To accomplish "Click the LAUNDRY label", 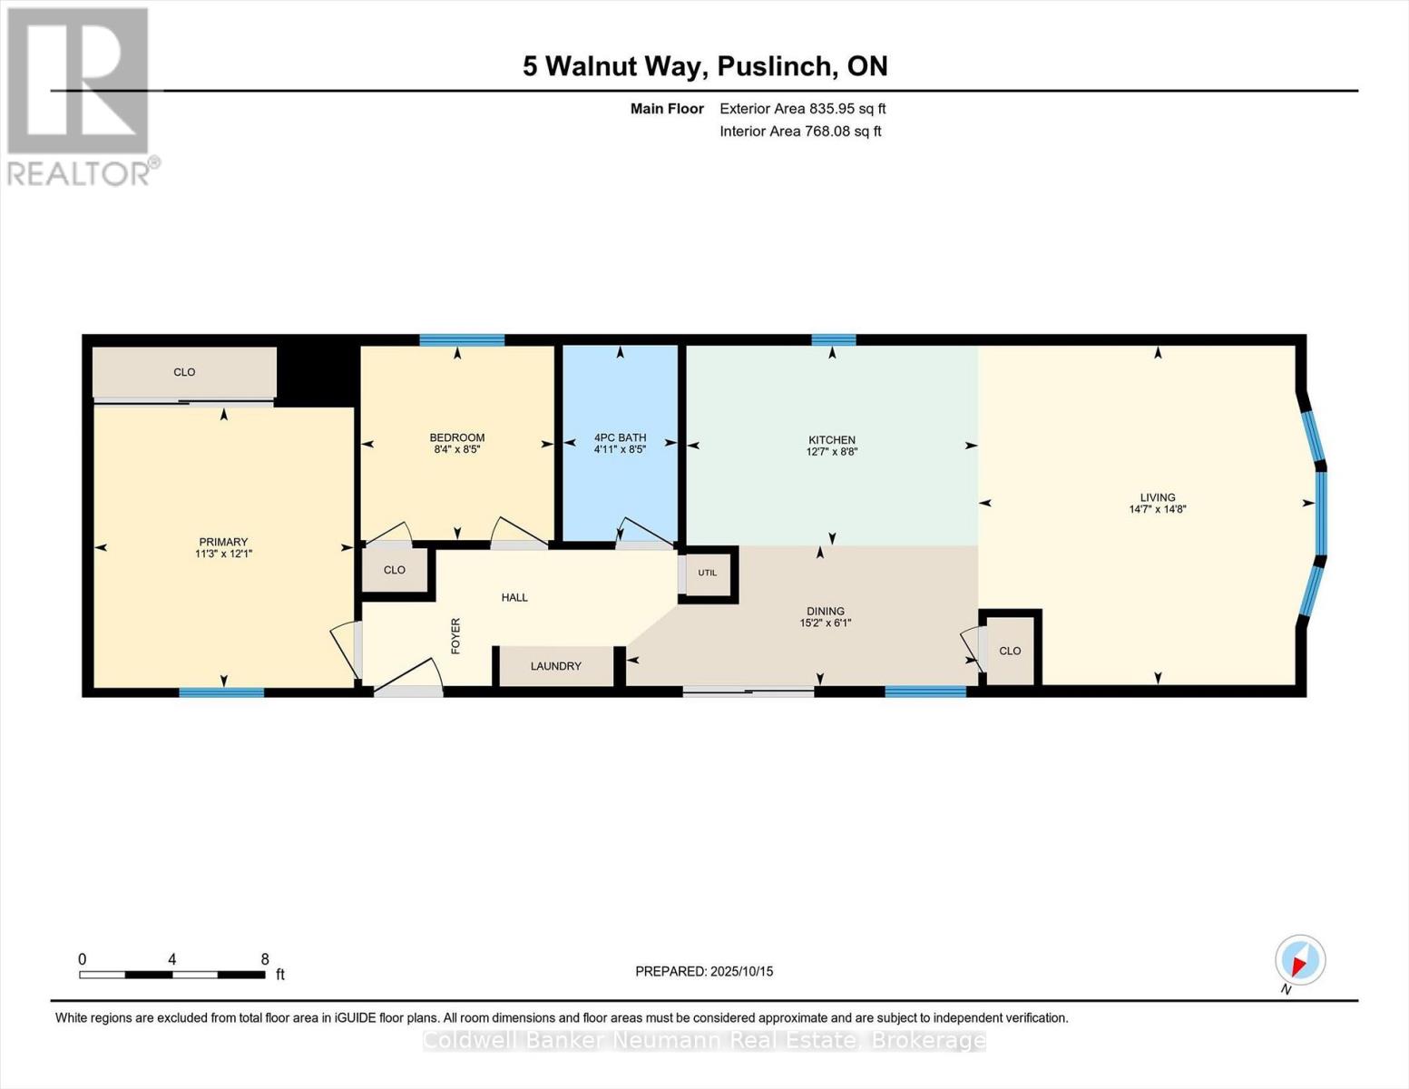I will click(x=555, y=666).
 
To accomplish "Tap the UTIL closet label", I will click(x=707, y=573).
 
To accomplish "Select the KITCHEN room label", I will click(x=832, y=440).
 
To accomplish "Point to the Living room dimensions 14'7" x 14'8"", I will click(x=1158, y=510).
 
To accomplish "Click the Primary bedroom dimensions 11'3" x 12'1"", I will click(x=223, y=554).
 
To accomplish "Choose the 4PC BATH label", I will click(x=620, y=437).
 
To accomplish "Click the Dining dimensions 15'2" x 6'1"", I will click(x=825, y=623).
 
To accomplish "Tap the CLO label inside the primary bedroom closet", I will click(x=184, y=372).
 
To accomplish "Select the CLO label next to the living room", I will click(x=1010, y=651).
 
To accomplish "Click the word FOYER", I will click(x=455, y=635).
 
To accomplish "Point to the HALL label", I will click(x=514, y=597).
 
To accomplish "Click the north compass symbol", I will click(x=1299, y=960).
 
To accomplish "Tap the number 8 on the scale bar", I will click(x=265, y=959).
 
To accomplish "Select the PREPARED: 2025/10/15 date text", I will click(x=704, y=971).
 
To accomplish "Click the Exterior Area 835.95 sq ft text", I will click(x=802, y=109).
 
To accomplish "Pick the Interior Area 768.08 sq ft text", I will click(x=800, y=132).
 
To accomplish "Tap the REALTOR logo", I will click(x=80, y=95).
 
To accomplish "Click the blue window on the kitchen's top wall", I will click(x=833, y=340).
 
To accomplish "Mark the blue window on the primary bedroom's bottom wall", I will click(x=221, y=692).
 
